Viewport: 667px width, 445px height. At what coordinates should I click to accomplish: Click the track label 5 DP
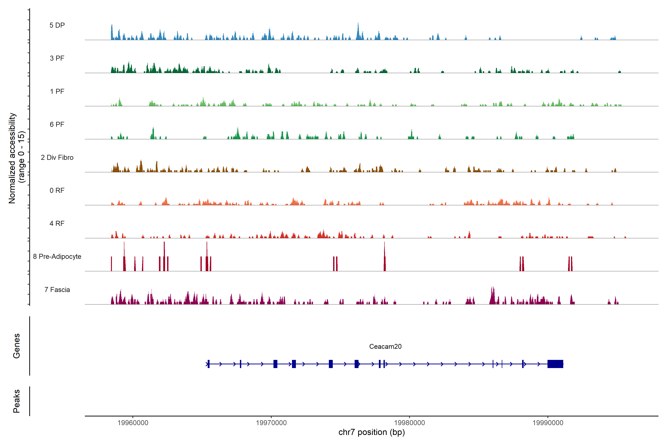(x=57, y=25)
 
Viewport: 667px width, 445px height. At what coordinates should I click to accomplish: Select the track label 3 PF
(x=57, y=58)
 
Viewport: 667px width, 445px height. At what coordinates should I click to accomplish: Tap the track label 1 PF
(x=57, y=91)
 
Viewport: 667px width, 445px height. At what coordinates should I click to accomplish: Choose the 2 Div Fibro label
(x=57, y=157)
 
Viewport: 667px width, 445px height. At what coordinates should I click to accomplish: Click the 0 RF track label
(x=57, y=190)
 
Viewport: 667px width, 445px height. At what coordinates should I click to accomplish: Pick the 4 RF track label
(x=57, y=223)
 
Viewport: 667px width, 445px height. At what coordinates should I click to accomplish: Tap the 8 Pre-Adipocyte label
(x=57, y=257)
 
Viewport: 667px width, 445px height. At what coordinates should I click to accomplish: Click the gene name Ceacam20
(x=385, y=347)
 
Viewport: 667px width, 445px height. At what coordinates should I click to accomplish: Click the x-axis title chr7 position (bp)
(x=371, y=432)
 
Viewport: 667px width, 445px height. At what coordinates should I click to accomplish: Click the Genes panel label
(x=16, y=346)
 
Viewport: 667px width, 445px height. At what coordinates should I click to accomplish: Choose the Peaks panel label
(x=16, y=401)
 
